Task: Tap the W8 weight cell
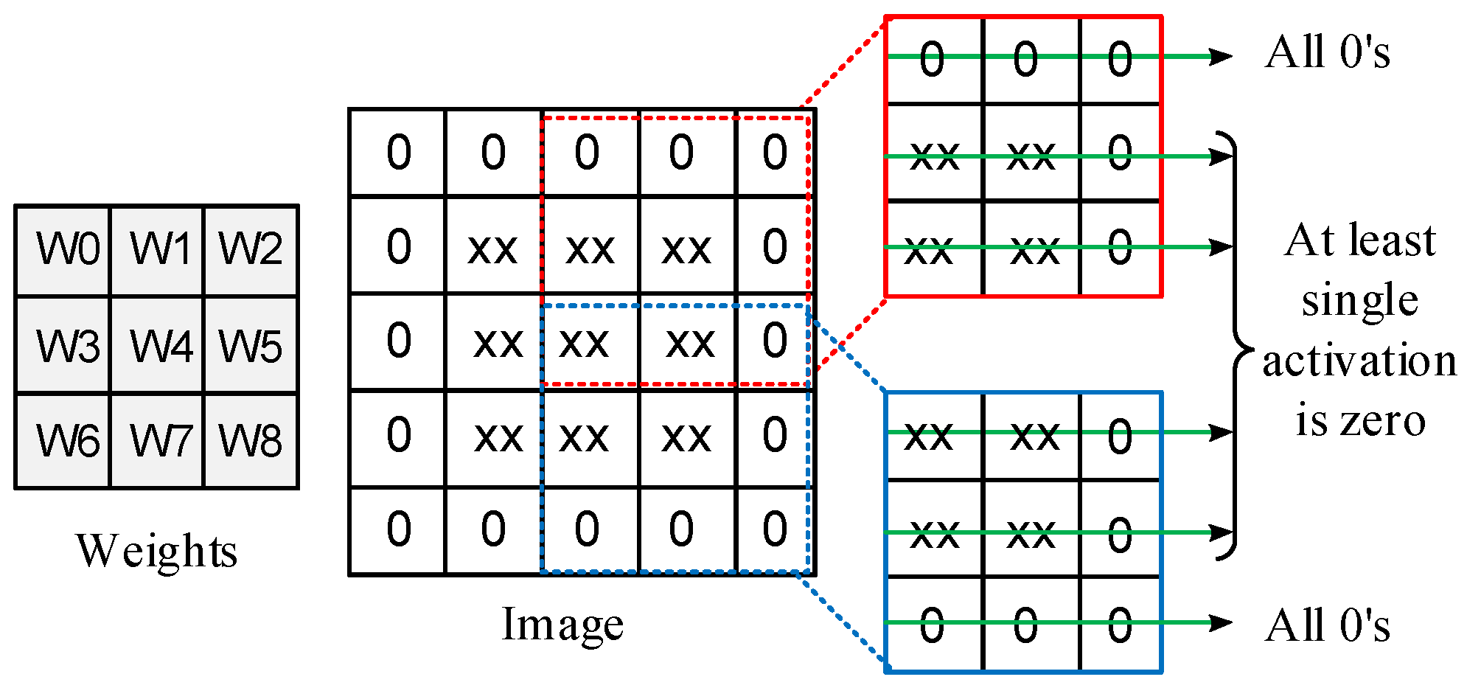(251, 441)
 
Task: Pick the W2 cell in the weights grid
(251, 249)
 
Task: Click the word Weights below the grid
(156, 551)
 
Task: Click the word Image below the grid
(562, 625)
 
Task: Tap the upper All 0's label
(1327, 52)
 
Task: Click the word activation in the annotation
(1359, 361)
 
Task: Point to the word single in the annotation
(1359, 300)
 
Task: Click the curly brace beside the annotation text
(1238, 346)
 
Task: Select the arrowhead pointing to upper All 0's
(1221, 56)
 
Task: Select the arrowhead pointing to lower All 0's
(1221, 623)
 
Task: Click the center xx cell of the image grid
(590, 342)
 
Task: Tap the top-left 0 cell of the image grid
(398, 153)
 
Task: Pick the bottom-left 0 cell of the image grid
(398, 529)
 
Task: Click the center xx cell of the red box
(1031, 153)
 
